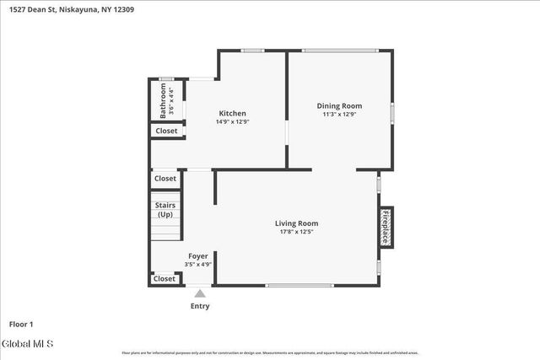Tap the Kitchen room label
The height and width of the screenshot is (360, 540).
(232, 113)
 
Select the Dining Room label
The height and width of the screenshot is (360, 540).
(339, 105)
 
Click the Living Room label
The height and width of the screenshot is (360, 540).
(296, 223)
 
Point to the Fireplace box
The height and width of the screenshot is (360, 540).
(386, 227)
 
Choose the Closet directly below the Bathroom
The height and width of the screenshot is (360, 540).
(166, 131)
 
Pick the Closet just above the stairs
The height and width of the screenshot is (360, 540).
(165, 179)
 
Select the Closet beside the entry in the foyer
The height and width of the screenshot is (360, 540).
(165, 279)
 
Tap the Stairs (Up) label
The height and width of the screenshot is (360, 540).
(164, 209)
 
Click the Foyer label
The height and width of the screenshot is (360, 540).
(197, 255)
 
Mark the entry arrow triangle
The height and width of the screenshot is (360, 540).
(200, 293)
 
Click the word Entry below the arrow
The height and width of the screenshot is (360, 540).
(200, 306)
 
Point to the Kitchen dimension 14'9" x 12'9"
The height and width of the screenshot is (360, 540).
(232, 121)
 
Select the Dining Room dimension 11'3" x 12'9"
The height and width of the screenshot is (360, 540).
(339, 115)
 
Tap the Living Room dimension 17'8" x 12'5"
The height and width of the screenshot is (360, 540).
(296, 232)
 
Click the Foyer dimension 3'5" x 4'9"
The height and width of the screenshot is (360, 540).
(197, 264)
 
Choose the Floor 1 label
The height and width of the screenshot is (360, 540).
(21, 324)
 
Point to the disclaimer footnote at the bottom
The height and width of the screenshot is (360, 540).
(270, 353)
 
